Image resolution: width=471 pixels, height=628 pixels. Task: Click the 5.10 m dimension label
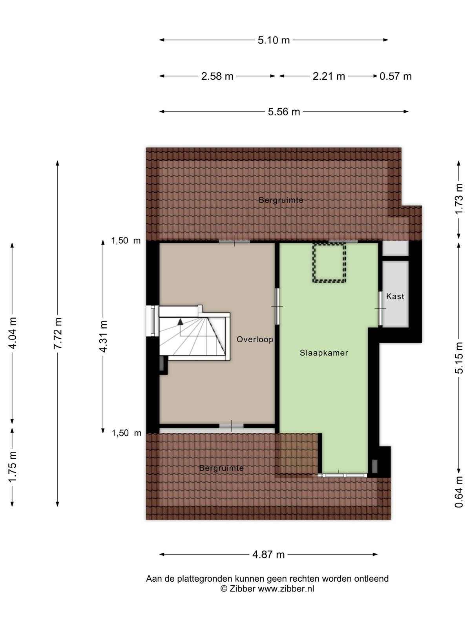[274, 40]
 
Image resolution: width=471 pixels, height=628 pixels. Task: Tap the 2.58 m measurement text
[217, 76]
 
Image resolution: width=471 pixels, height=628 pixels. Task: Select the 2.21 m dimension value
[329, 76]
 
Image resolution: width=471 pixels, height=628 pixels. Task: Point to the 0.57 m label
[396, 76]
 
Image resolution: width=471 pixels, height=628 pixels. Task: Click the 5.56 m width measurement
[284, 111]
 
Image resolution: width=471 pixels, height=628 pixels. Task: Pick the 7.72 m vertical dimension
[58, 333]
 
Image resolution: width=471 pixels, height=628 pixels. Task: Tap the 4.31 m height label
[103, 336]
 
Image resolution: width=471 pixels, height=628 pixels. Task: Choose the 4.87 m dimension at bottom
[268, 555]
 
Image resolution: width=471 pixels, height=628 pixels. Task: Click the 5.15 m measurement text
[459, 358]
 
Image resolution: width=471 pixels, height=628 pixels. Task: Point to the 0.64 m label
[459, 491]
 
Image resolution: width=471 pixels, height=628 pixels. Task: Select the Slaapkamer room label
[324, 353]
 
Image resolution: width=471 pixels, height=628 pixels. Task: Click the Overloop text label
[255, 340]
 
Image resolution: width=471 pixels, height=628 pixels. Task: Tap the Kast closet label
[395, 296]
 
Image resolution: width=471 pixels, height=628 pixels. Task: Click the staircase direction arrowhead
[180, 322]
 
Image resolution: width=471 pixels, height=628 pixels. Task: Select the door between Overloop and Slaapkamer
[277, 307]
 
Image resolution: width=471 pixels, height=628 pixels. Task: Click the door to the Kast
[380, 309]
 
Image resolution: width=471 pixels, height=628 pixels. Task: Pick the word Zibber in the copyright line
[242, 588]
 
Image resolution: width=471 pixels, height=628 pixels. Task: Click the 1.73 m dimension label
[459, 199]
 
